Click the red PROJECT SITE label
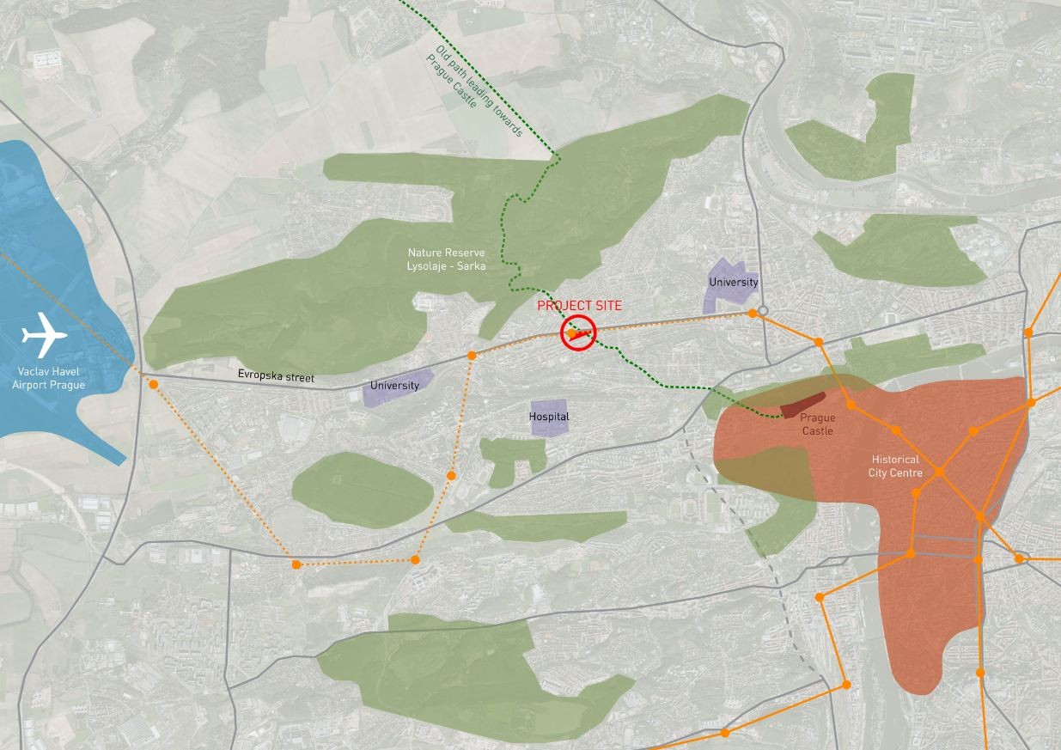click(x=579, y=306)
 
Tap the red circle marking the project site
click(x=578, y=333)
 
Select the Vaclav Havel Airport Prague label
click(x=48, y=379)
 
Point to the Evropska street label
click(x=276, y=377)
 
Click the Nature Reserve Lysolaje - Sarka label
click(x=446, y=259)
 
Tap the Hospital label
click(x=549, y=417)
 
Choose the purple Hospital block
click(x=549, y=418)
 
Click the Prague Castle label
click(x=818, y=424)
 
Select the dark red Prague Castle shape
click(x=802, y=405)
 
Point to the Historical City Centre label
click(x=895, y=466)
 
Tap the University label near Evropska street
click(x=395, y=386)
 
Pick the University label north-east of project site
click(x=734, y=282)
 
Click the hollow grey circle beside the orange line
click(x=763, y=311)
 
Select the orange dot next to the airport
click(x=153, y=384)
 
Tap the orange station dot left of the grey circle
click(x=752, y=314)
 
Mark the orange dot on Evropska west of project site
click(x=472, y=355)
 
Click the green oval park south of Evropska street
click(x=363, y=490)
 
